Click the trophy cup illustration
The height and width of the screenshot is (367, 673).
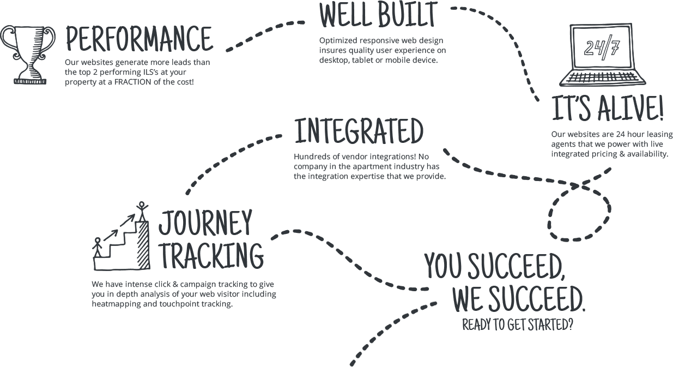tap(28, 55)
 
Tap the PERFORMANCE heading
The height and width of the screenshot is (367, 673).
tap(139, 39)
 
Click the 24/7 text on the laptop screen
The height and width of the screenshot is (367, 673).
tap(602, 48)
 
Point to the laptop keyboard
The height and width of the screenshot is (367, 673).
tap(602, 78)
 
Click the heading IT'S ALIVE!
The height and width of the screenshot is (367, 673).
tap(608, 108)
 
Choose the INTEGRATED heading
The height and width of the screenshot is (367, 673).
tap(359, 131)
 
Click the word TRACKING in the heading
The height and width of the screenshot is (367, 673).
tap(212, 256)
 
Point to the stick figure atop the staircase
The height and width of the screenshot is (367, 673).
tap(142, 211)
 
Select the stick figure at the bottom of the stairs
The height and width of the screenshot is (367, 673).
tap(98, 247)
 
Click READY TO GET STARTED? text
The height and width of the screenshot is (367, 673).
tap(518, 324)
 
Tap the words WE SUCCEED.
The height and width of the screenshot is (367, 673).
tap(519, 299)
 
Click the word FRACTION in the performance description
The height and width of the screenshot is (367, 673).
tap(133, 82)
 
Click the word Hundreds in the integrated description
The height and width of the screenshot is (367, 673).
tap(311, 157)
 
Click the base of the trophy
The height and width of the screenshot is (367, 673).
tap(30, 81)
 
